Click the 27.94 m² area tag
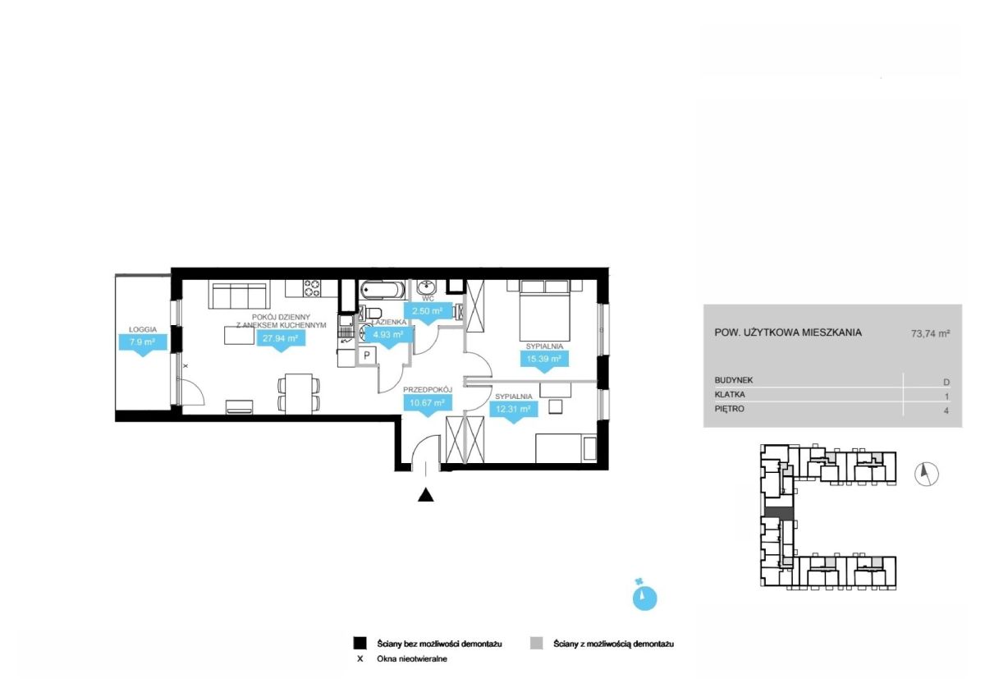click(x=281, y=340)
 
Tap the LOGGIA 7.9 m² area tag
click(x=143, y=342)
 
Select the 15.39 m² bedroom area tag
click(x=544, y=360)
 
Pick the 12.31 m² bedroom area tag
click(x=514, y=410)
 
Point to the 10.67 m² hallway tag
click(x=428, y=404)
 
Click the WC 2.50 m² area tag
click(x=427, y=312)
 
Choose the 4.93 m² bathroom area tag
click(x=389, y=336)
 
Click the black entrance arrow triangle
click(x=426, y=495)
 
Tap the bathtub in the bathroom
click(x=383, y=291)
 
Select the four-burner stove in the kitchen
click(x=313, y=288)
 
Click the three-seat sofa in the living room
click(x=240, y=295)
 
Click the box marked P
click(x=367, y=355)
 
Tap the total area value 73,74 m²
click(x=931, y=333)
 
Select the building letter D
click(x=946, y=382)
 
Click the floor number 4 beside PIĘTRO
click(x=946, y=410)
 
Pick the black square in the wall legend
click(x=360, y=644)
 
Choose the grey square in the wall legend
click(x=537, y=644)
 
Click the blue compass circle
click(x=644, y=598)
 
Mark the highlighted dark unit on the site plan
click(x=779, y=513)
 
